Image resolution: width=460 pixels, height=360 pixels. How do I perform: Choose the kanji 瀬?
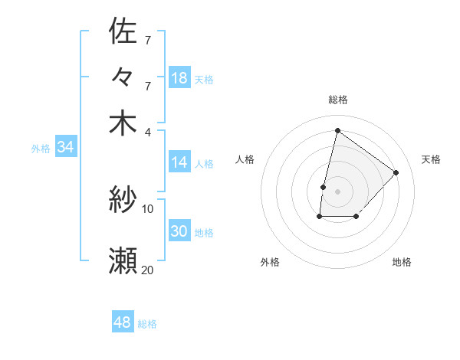[123, 261]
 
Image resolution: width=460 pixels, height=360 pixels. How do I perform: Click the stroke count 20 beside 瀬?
[147, 270]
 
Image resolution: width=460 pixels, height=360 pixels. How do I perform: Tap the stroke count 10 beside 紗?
[148, 208]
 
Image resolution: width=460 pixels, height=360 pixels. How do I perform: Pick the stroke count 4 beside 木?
[148, 131]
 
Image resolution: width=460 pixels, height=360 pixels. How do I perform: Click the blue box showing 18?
[179, 78]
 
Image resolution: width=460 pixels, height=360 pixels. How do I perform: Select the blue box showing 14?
[179, 162]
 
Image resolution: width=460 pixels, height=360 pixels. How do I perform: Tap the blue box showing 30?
[179, 232]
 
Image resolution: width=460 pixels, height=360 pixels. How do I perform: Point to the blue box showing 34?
[65, 148]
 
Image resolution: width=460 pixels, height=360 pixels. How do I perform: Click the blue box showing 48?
[122, 322]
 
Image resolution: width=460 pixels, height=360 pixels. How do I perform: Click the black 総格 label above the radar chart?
[337, 100]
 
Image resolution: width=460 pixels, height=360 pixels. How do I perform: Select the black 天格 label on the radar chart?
[431, 159]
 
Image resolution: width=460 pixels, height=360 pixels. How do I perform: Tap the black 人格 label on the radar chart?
[245, 159]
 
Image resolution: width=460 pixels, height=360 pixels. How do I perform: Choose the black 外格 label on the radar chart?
[270, 262]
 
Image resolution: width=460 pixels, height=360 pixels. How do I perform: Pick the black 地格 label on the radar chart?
[402, 262]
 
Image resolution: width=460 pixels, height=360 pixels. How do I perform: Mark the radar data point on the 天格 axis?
[396, 172]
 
